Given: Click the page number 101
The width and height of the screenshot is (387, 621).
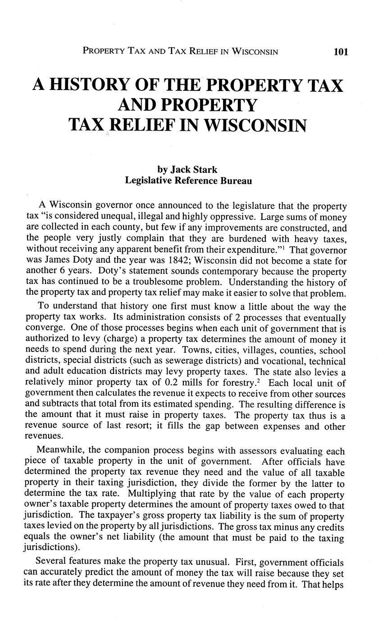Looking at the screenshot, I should pyautogui.click(x=341, y=52).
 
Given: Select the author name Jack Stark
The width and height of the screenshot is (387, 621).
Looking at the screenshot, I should pyautogui.click(x=193, y=170).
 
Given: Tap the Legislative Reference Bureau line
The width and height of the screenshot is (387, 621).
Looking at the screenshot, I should pyautogui.click(x=188, y=181).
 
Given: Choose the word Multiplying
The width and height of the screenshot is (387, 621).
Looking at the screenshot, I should pyautogui.click(x=153, y=494).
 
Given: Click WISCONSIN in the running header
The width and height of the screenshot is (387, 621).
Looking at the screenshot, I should pyautogui.click(x=255, y=52).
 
